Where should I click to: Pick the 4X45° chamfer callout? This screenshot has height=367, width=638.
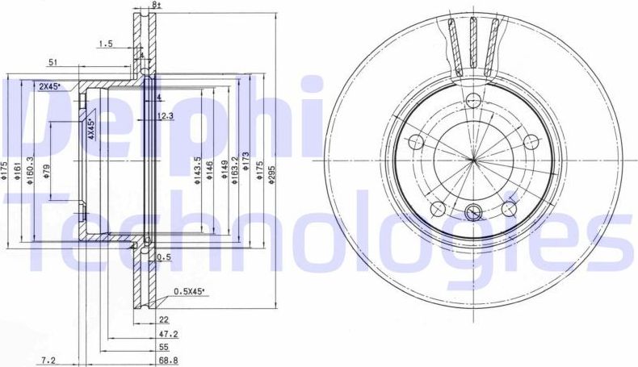coord(91,128)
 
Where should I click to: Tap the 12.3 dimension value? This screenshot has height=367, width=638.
coord(165,116)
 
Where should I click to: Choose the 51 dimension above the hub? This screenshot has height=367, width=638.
coord(52,62)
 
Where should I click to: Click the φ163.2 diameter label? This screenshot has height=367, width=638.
coord(234,170)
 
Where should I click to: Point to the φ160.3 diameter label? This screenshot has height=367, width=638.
coord(30,170)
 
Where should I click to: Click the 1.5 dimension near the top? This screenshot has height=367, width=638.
coord(105,44)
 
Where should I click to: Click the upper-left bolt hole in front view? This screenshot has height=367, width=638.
coord(416,143)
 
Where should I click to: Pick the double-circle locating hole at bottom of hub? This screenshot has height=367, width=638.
coord(473,214)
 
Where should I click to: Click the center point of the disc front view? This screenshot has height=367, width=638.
coord(472,161)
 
